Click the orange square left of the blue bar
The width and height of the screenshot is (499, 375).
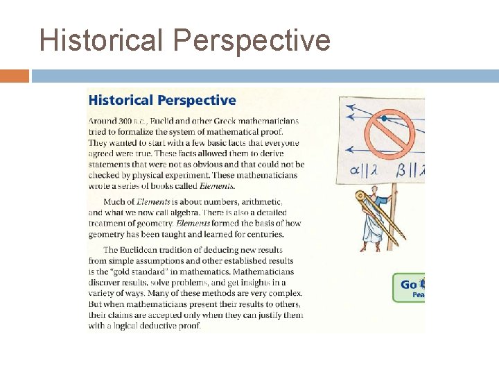point(15,76)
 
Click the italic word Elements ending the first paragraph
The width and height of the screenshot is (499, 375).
point(217,185)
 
